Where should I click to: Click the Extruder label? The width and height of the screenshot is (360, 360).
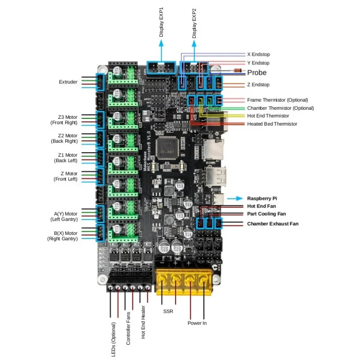coord(68,82)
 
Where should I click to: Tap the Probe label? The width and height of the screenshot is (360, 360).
coord(256,73)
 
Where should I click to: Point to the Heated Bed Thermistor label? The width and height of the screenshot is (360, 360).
coord(272,124)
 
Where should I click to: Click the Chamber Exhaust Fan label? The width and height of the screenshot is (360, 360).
coord(273,223)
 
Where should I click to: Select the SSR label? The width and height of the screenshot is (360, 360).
coord(169,310)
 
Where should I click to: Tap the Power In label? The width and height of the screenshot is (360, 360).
coord(197,323)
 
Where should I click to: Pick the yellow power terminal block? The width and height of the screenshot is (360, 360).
coord(184,282)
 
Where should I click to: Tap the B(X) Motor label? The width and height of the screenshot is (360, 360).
coord(66,233)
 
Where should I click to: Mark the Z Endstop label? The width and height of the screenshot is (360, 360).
coord(258,85)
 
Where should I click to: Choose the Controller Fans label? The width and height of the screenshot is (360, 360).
coord(128,328)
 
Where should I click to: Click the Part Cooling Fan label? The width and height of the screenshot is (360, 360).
coord(266,214)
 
